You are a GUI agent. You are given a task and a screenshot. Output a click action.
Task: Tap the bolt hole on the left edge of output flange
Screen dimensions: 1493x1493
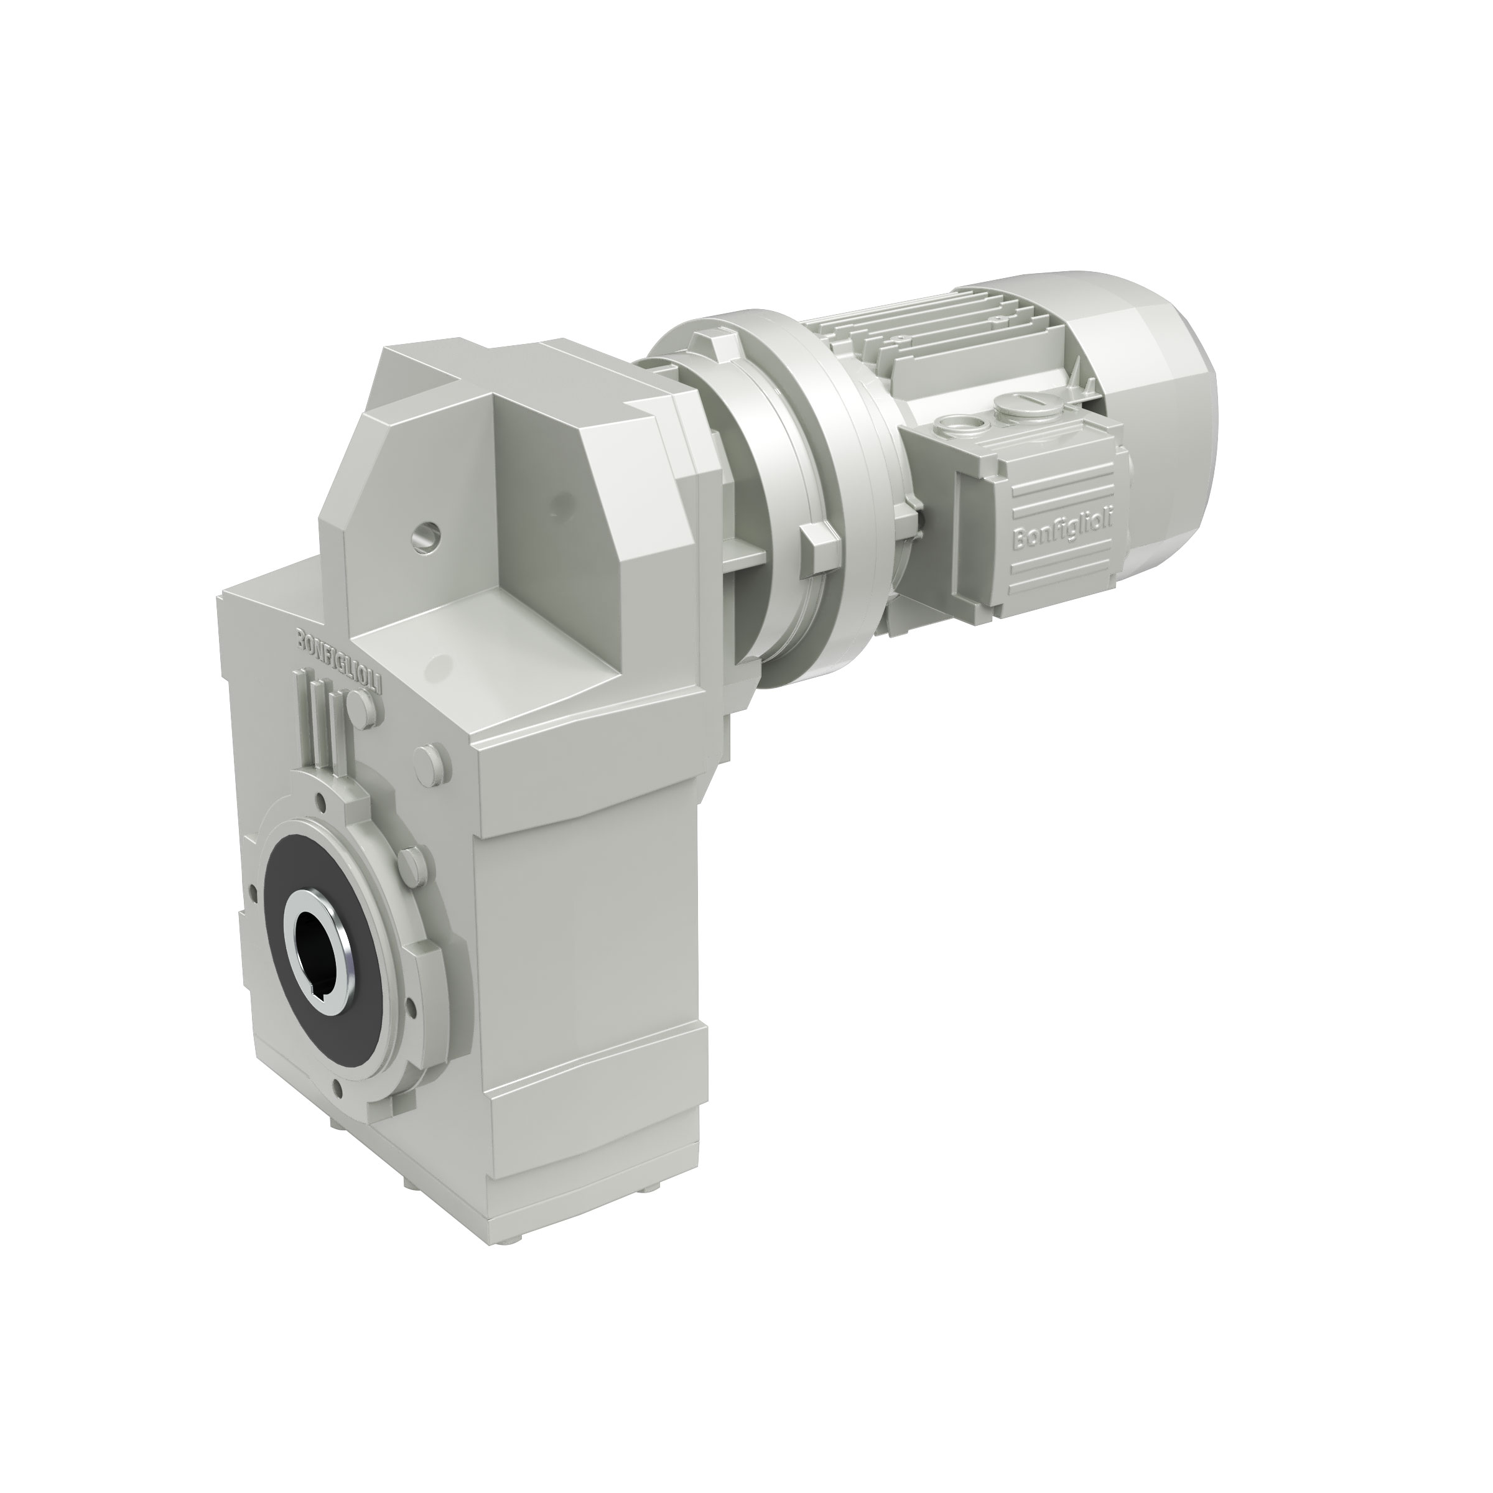point(252,897)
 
